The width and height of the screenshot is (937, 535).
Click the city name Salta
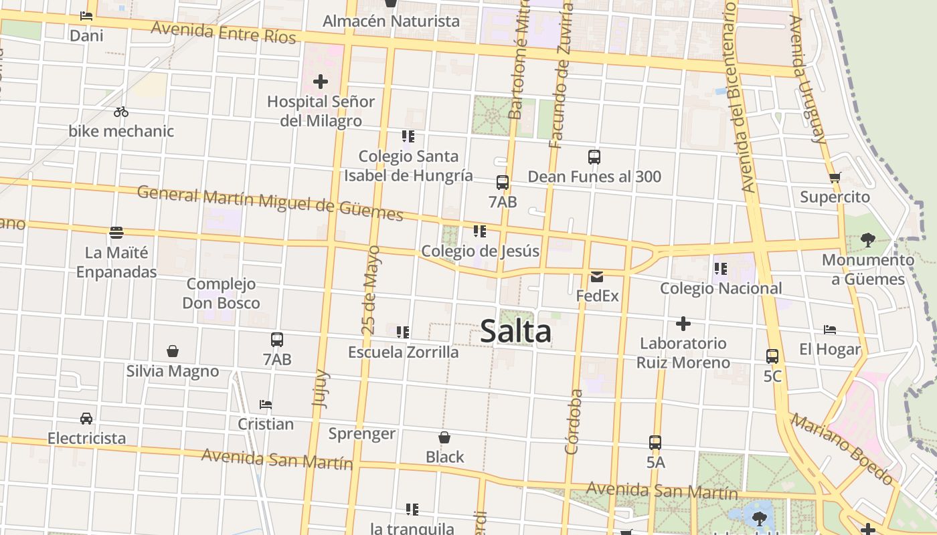pos(515,332)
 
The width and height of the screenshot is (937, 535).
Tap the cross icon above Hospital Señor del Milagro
pos(321,82)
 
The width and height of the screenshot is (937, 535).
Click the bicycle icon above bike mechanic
pos(121,112)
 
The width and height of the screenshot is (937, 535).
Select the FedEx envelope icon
pos(597,276)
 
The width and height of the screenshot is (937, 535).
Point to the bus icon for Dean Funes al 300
pos(594,157)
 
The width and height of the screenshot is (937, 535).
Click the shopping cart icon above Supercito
pos(835,178)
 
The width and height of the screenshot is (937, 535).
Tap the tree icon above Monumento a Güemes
pos(868,239)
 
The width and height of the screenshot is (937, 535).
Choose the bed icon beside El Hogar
pos(830,330)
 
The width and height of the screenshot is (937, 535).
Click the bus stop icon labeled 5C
pos(772,356)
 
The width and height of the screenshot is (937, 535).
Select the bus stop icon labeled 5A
pos(655,443)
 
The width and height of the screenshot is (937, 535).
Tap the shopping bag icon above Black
pos(444,437)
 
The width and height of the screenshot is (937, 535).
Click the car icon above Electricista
pos(86,419)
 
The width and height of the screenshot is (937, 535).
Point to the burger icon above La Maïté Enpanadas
pos(116,233)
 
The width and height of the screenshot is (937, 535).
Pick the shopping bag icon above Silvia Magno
pos(173,351)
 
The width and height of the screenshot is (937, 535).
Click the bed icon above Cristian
pos(266,405)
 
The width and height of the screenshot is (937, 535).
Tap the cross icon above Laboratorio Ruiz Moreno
pos(683,324)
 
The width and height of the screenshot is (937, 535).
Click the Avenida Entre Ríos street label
pos(223,31)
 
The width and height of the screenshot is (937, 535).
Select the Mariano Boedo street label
pos(841,449)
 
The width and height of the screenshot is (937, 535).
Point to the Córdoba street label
pos(573,422)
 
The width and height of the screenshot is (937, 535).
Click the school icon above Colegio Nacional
pos(720,269)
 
